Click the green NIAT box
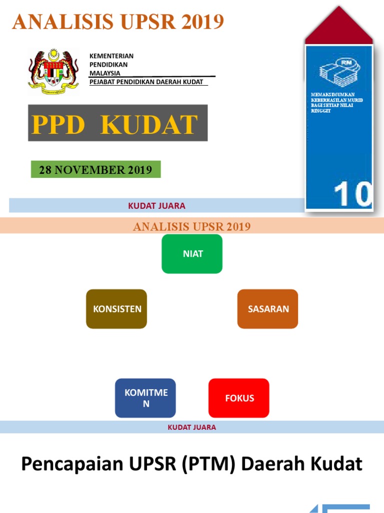point(192,253)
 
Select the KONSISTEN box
point(116,309)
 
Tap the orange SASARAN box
point(268,309)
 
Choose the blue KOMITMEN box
point(145,398)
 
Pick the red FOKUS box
point(239,398)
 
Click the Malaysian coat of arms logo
point(53,72)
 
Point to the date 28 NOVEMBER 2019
point(95,170)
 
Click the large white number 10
point(353,194)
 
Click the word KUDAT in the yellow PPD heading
point(149,125)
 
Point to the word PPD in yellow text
point(58,125)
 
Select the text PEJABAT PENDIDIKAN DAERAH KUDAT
point(146,82)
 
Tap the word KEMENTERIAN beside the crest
point(111,56)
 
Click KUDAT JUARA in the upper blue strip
point(156,205)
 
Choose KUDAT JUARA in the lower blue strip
point(192,427)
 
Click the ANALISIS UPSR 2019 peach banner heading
point(192,227)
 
